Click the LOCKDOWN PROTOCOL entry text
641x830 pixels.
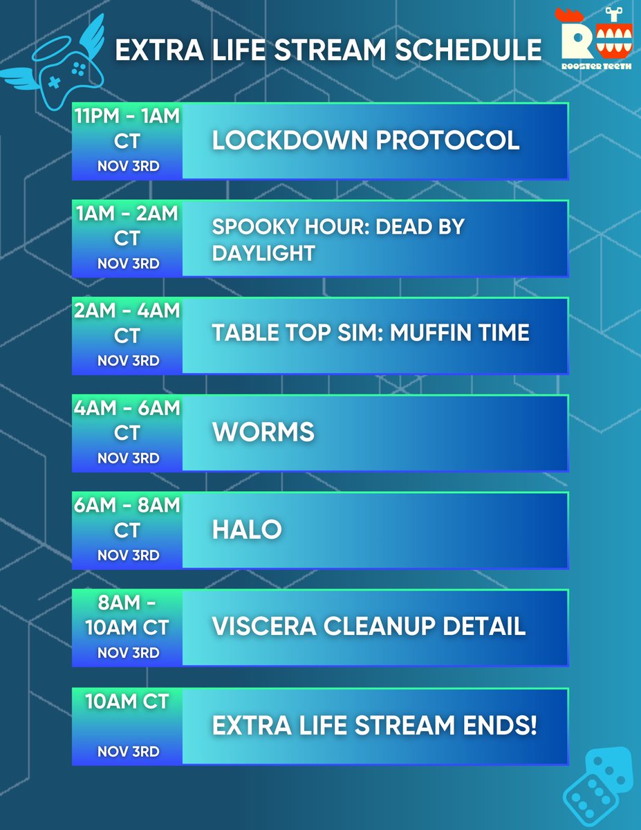(x=366, y=140)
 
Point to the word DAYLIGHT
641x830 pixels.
(x=263, y=253)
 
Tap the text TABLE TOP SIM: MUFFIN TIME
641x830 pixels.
(x=371, y=333)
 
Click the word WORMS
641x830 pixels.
(x=263, y=432)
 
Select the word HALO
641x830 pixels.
(x=247, y=530)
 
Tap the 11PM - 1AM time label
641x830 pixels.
(x=128, y=116)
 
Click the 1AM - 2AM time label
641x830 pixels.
(x=128, y=214)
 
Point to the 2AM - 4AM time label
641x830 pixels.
(x=128, y=311)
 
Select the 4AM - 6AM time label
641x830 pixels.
(x=128, y=409)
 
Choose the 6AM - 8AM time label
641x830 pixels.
(x=128, y=506)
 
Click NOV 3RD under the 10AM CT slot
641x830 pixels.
(x=128, y=750)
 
